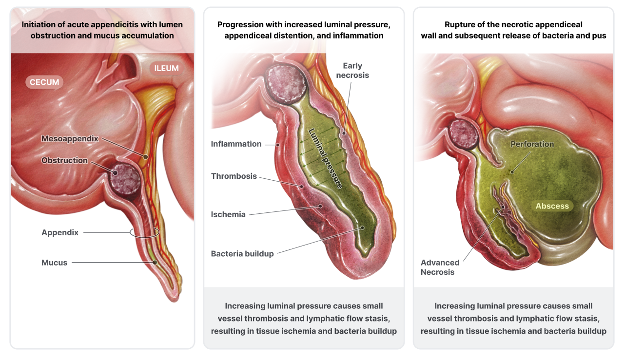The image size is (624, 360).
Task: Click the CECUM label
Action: click(44, 82)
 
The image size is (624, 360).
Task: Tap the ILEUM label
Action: click(167, 68)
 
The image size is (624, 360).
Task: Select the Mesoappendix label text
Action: click(70, 139)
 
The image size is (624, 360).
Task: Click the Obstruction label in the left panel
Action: click(64, 160)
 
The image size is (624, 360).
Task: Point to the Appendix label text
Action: click(60, 232)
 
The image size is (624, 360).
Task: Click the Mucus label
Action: click(54, 263)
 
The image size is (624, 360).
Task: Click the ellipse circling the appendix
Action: click(144, 233)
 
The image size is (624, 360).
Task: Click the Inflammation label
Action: click(236, 144)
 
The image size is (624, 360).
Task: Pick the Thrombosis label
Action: click(234, 176)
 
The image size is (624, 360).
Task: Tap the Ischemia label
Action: click(228, 214)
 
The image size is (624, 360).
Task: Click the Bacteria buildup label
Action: click(242, 253)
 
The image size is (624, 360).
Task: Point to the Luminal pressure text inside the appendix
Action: click(326, 158)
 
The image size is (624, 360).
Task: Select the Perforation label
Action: click(532, 144)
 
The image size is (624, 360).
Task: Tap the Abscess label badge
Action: click(552, 206)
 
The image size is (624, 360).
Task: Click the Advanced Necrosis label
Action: click(440, 267)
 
